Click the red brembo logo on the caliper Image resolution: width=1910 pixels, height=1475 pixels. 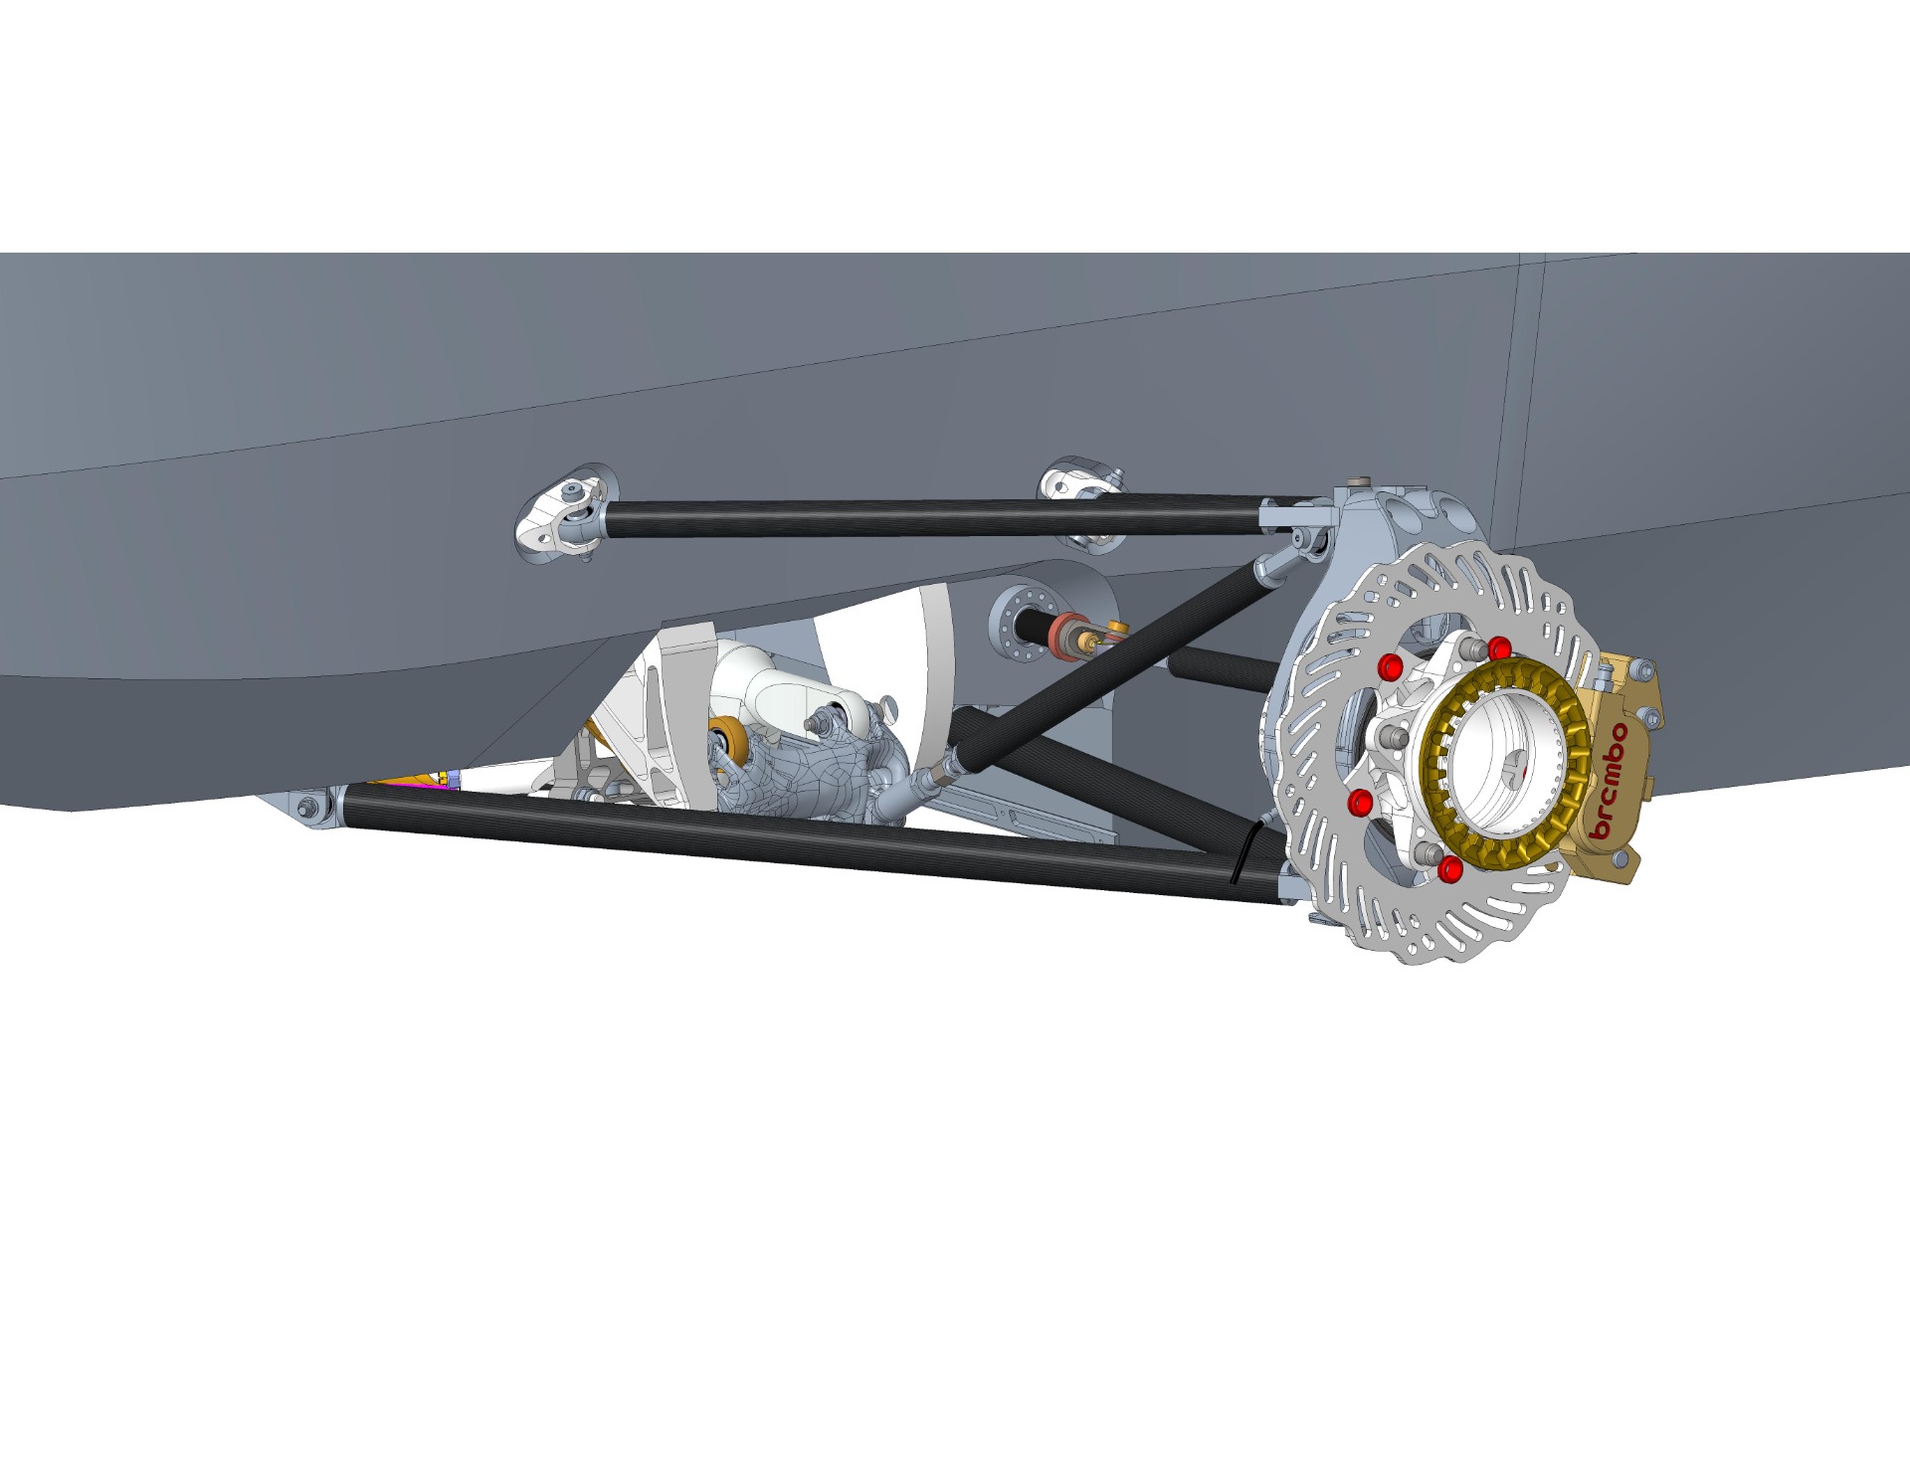(x=1611, y=782)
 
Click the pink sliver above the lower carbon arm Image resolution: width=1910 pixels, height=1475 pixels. (x=408, y=784)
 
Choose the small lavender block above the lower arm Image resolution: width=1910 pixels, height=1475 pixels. (x=454, y=778)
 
